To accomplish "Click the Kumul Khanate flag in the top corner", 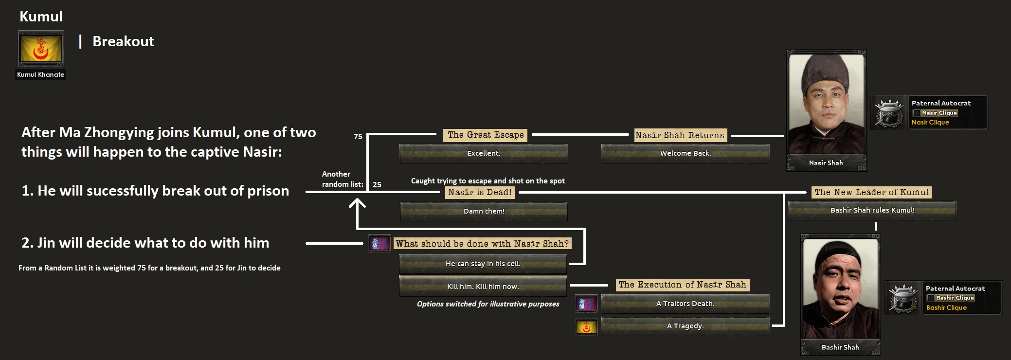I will coord(40,49).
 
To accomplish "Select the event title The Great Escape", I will coord(486,135).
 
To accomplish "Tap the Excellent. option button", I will coord(483,153).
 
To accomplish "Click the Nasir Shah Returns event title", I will coord(680,135).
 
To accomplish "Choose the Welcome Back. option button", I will coord(685,153).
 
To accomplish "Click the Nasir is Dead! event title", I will coord(480,192).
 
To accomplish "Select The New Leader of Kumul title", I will coord(872,192).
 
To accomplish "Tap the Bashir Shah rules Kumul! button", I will coord(872,210).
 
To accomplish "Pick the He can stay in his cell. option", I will coord(483,264).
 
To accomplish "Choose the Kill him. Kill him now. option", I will coord(483,287).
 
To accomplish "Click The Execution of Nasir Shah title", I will coord(682,285).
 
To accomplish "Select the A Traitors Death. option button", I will coord(685,304).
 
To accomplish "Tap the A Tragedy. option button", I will coord(685,326).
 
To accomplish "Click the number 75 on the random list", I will coord(358,136).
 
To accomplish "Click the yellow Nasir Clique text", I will coord(930,123).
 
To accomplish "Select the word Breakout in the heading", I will coord(123,41).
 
